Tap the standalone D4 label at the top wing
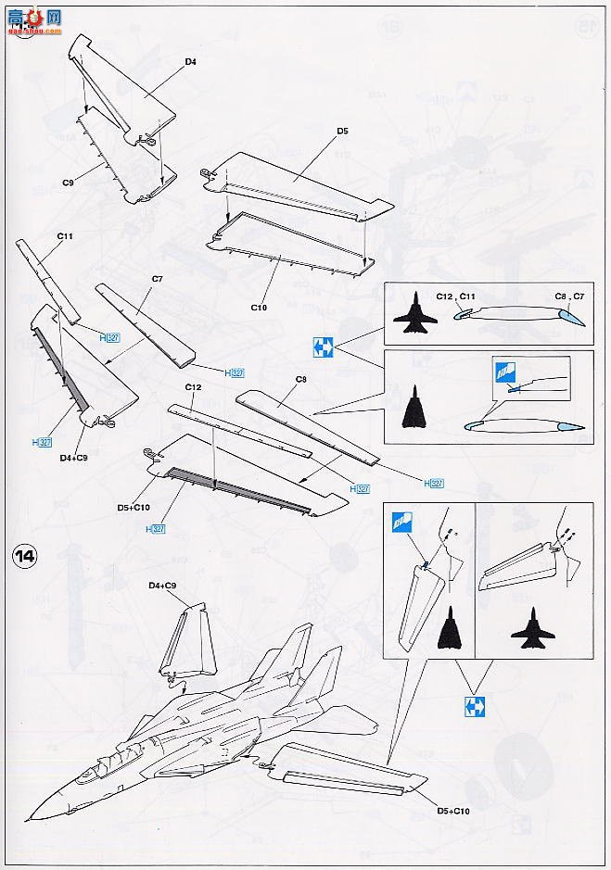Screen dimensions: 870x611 point(190,62)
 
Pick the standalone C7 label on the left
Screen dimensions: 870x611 point(157,279)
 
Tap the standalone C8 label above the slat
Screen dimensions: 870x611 point(300,379)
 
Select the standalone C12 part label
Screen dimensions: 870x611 point(193,386)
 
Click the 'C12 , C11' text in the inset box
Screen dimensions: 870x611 point(456,296)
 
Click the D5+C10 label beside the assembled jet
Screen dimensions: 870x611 point(456,812)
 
